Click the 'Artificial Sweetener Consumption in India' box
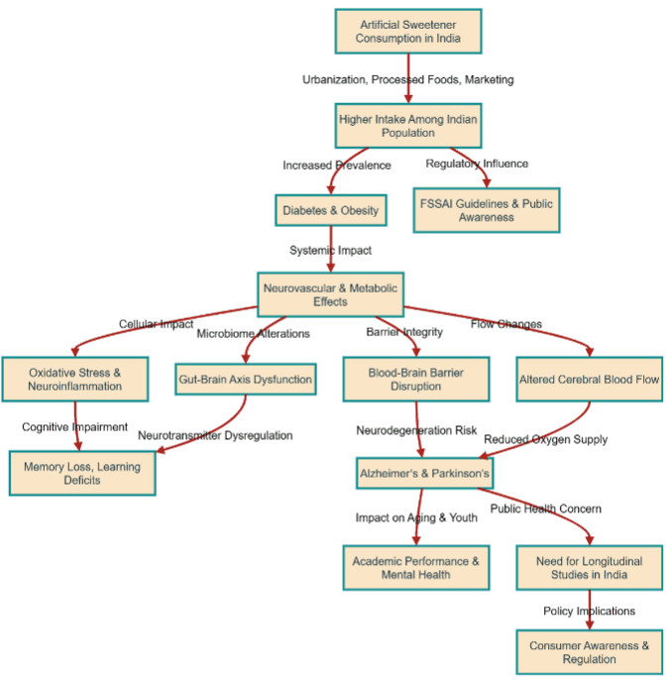point(407,32)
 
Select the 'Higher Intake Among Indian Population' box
point(407,126)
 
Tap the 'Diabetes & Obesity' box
point(330,211)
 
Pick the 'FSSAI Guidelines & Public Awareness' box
point(486,210)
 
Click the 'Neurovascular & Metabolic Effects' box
point(330,294)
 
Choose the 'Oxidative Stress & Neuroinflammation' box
point(76,380)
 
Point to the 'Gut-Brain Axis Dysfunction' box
point(246,380)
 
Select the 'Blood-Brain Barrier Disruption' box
point(416,380)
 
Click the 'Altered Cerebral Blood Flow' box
point(590,380)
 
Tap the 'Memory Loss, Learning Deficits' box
point(83,474)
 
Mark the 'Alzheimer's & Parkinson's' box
point(423,475)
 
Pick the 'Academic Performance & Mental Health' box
point(415,568)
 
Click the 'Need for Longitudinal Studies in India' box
point(589,568)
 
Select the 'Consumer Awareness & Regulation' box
point(589,652)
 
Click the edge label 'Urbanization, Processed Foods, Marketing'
point(407,79)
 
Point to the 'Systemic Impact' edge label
point(330,251)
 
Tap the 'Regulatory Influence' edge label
point(477,164)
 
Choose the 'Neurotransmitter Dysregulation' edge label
point(215,435)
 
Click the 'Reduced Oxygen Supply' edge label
point(545,439)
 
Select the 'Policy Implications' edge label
point(589,611)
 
